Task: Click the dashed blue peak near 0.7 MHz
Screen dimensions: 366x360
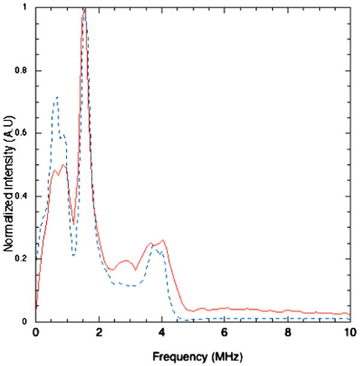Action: click(57, 97)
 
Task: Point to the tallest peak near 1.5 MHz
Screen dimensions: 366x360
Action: click(85, 8)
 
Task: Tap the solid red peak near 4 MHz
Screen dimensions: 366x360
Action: click(163, 240)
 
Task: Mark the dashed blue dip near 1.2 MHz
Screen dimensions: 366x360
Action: click(73, 256)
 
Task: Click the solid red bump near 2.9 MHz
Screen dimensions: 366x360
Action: click(126, 261)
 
